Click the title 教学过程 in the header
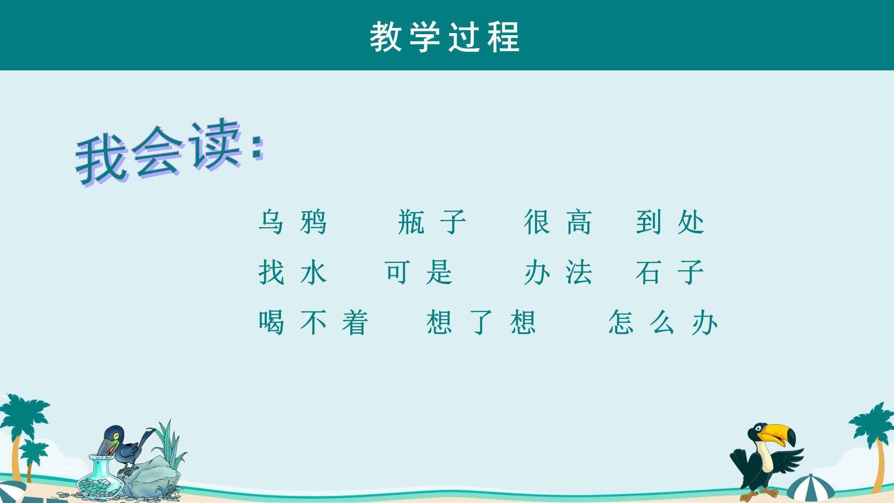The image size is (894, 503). point(445,37)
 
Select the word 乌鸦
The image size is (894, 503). point(293,222)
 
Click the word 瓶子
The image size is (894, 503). point(432,222)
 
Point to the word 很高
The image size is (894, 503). point(558,222)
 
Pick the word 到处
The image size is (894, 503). point(670,222)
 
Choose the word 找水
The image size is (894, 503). point(293,272)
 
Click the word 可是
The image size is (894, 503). point(419,272)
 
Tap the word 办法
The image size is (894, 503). point(558,272)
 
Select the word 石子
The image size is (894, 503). point(670,272)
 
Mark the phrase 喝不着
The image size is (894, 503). point(314,322)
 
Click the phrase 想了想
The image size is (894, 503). point(481,322)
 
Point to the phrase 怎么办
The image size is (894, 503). point(663,322)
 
